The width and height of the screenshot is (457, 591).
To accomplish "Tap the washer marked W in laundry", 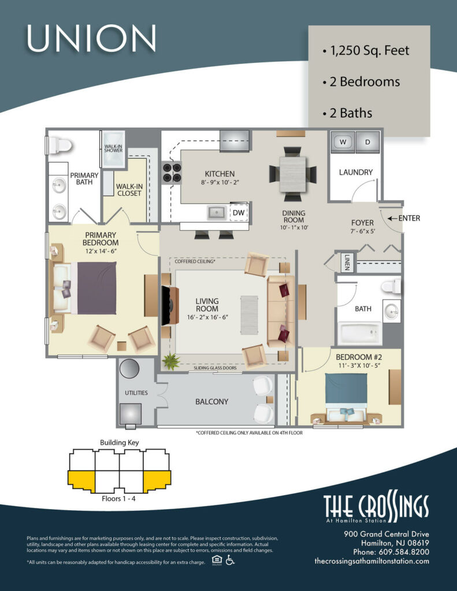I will click(343, 142).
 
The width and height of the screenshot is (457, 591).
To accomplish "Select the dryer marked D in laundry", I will click(366, 142).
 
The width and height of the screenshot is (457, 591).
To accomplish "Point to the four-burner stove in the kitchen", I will click(171, 171).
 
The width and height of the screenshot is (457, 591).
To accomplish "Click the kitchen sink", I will click(217, 212).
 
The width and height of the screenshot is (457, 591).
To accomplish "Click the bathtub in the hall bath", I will click(359, 333).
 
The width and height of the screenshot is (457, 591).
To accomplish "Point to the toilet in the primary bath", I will click(58, 144).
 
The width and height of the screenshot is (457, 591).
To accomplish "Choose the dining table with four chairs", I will click(293, 171).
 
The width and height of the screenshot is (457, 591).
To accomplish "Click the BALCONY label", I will click(211, 402).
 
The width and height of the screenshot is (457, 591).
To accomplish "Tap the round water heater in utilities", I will click(130, 368).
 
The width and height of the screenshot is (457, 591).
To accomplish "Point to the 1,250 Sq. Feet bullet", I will click(366, 51).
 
